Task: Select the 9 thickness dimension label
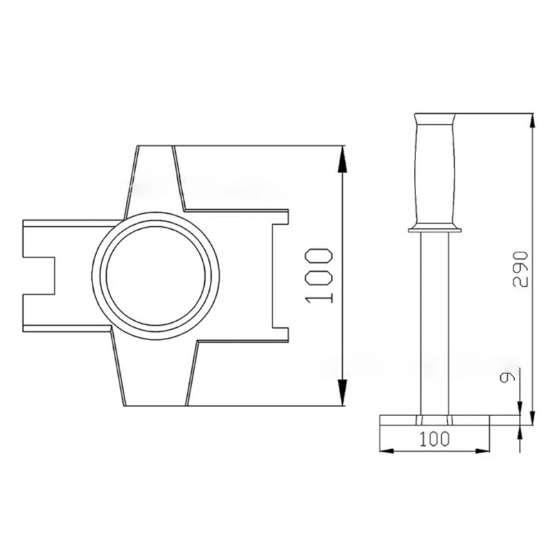point(508,377)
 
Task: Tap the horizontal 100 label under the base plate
point(435,438)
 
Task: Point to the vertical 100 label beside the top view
point(319,275)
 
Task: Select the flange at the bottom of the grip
point(434,228)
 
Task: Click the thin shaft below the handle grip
point(434,324)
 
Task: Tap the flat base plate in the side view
point(434,420)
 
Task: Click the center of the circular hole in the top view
point(156,275)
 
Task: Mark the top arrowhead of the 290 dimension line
point(533,121)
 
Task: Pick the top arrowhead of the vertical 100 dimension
point(342,155)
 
